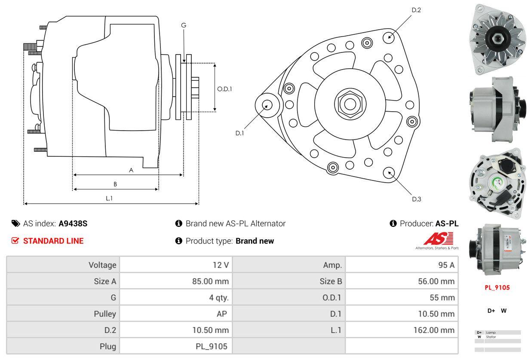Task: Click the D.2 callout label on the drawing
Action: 416,10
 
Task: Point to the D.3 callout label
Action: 416,199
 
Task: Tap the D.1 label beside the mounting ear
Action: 239,133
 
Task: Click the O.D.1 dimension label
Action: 224,89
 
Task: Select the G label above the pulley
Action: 184,25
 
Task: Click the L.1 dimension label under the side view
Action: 109,198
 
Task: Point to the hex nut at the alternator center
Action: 347,103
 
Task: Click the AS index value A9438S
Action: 73,223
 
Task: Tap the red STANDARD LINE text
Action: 53,241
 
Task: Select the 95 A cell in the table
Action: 446,265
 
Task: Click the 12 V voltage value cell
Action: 221,265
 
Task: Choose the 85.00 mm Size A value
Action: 210,281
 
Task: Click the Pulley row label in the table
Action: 105,314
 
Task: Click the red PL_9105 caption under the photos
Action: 497,287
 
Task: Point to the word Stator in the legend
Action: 491,337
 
